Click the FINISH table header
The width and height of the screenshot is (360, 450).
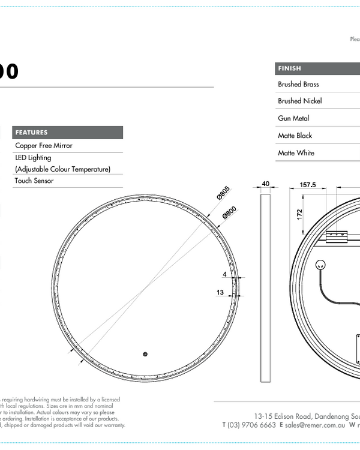pyautogui.click(x=290, y=68)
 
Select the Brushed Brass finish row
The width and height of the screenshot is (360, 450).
pyautogui.click(x=298, y=85)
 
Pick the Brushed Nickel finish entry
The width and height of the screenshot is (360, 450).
pyautogui.click(x=299, y=101)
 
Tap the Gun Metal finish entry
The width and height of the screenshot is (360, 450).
pyautogui.click(x=293, y=119)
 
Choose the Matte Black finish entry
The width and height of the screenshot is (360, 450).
pyautogui.click(x=295, y=136)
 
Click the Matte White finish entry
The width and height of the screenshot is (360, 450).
pyautogui.click(x=296, y=154)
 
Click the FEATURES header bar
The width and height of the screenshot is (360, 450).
pyautogui.click(x=67, y=133)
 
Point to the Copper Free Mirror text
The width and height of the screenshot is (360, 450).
pyautogui.click(x=44, y=146)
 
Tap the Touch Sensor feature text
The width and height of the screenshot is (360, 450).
pyautogui.click(x=34, y=181)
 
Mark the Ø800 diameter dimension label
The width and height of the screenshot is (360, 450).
pyautogui.click(x=229, y=212)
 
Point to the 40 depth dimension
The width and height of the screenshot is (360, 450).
pyautogui.click(x=266, y=184)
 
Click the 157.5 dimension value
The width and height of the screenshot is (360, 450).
pyautogui.click(x=307, y=185)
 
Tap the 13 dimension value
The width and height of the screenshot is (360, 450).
pyautogui.click(x=221, y=293)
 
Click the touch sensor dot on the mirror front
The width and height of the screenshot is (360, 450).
pyautogui.click(x=145, y=353)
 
